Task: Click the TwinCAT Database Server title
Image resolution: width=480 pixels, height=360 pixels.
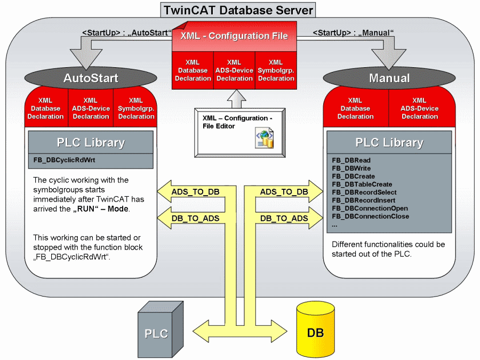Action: pyautogui.click(x=237, y=10)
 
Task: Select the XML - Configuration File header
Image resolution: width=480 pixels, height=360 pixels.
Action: pyautogui.click(x=234, y=36)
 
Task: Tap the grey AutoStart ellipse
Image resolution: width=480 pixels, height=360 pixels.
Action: pyautogui.click(x=91, y=78)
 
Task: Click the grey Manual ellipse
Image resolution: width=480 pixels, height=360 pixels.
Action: pyautogui.click(x=389, y=78)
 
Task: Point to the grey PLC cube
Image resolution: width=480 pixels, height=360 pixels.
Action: pyautogui.click(x=156, y=328)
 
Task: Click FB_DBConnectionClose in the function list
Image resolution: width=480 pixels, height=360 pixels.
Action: pyautogui.click(x=370, y=216)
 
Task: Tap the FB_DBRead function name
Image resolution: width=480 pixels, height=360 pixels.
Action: pyautogui.click(x=351, y=160)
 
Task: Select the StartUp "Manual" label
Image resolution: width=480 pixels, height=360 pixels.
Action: pyautogui.click(x=353, y=33)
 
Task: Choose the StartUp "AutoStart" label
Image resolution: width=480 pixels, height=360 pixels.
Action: pyautogui.click(x=127, y=33)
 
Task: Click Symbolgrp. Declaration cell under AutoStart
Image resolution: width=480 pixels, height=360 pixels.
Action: pyautogui.click(x=136, y=108)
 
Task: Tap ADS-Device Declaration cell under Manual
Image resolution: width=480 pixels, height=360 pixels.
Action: pyautogui.click(x=419, y=108)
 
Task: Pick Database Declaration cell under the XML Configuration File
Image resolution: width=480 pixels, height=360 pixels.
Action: pyautogui.click(x=193, y=70)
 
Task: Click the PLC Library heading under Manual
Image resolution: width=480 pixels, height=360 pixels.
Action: pyautogui.click(x=389, y=142)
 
